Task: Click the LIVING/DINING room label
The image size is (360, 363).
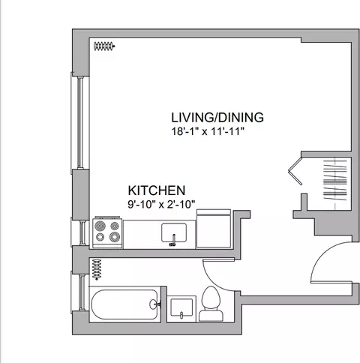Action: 217,118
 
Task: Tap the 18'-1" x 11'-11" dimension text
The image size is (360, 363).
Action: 208,131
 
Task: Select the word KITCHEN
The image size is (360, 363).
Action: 157,190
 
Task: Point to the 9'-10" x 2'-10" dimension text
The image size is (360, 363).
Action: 161,204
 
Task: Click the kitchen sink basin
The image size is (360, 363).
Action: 174,232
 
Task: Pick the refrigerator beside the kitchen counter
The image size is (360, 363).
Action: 214,229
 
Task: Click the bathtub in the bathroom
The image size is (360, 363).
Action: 125,304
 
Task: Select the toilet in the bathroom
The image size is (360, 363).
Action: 211,304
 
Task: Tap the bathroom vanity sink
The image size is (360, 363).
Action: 181,308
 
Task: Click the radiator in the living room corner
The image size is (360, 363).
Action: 104,46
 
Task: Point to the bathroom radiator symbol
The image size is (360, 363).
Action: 97,269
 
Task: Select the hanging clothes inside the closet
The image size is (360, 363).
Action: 335,180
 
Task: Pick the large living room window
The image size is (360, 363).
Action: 80,122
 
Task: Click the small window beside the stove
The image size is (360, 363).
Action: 81,232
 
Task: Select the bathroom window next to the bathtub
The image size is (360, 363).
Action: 80,292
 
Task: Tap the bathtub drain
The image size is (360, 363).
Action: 153,304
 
